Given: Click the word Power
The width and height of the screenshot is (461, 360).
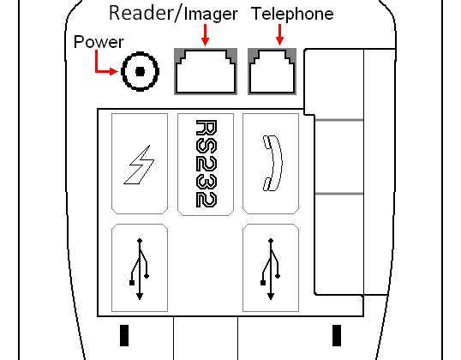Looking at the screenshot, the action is coord(99,42).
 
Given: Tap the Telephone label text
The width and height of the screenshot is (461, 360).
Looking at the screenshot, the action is coord(292,14).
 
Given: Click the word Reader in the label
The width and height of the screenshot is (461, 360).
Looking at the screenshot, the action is coord(141,13).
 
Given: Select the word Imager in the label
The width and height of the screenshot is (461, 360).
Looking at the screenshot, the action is coord(211,15).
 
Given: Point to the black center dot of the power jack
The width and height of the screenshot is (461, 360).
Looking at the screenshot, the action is coord(141,71).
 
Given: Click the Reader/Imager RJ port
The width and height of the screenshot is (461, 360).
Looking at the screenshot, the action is coord(206,71).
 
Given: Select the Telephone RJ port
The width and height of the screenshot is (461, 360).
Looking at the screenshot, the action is coord(272,71).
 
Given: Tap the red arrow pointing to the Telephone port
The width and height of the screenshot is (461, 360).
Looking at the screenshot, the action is coord(279,34).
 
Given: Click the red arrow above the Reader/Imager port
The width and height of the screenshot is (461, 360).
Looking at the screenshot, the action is coord(205,35).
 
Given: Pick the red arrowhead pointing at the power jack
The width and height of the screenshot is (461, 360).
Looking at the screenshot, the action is coord(114,71).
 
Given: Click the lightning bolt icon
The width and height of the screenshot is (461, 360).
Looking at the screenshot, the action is coord(139,165).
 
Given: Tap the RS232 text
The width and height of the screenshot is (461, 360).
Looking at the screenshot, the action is coord(207,164).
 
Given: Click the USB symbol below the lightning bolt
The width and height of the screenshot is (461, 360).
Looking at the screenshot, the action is coord(140,269).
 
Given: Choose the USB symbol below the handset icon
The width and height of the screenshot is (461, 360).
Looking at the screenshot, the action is coord(271,269).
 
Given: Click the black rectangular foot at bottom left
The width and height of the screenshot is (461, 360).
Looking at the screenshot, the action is coord(124,335).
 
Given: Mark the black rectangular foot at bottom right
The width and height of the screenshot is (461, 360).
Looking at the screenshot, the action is coord(337,335).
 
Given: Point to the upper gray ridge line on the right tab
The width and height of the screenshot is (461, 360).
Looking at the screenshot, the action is coord(339,120).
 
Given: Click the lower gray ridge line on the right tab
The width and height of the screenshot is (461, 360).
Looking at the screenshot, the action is coord(339,194).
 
